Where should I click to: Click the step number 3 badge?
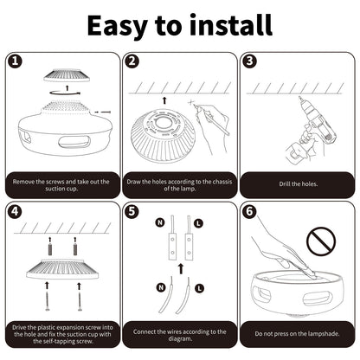click(249, 61)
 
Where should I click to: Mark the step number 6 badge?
click(249, 210)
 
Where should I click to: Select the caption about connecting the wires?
click(179, 331)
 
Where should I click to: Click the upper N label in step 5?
click(158, 223)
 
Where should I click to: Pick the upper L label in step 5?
click(200, 223)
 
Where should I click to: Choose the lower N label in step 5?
click(158, 286)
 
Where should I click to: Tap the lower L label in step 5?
click(200, 286)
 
